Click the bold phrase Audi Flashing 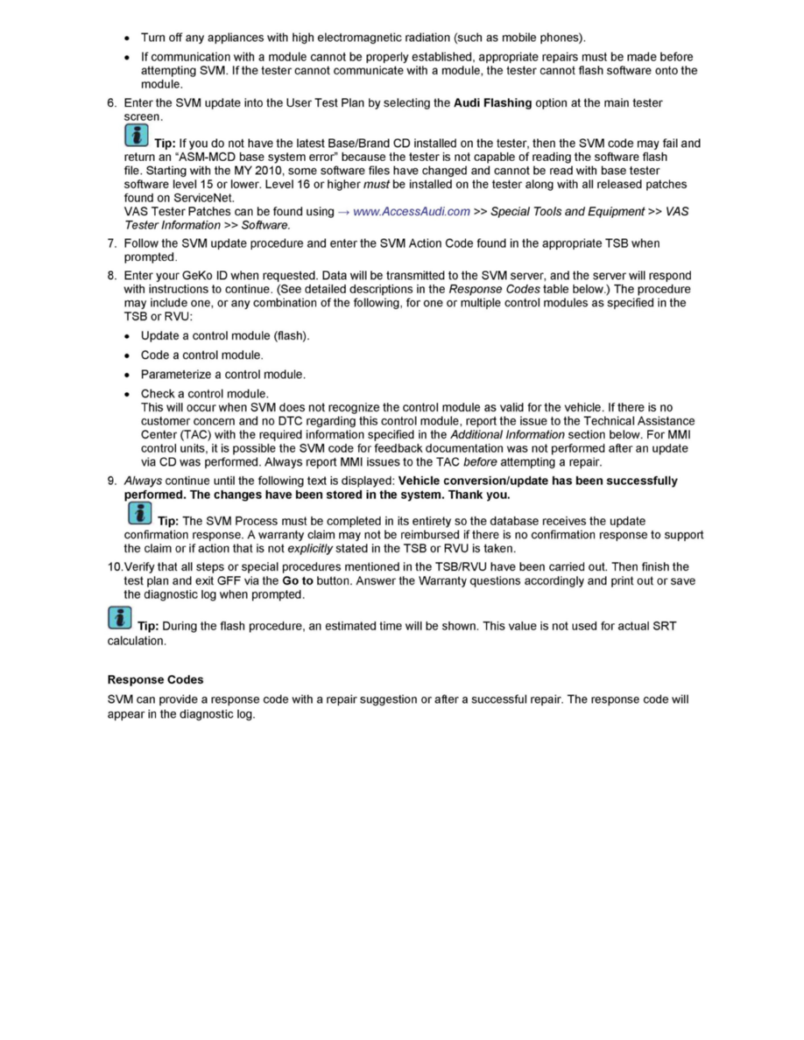click(493, 102)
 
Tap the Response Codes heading click(155, 679)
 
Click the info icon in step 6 click(136, 136)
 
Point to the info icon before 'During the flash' click(119, 619)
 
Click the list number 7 click(112, 242)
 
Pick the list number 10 click(115, 566)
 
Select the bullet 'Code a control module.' click(201, 355)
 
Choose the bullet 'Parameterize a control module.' click(222, 374)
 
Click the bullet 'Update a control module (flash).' click(225, 335)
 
